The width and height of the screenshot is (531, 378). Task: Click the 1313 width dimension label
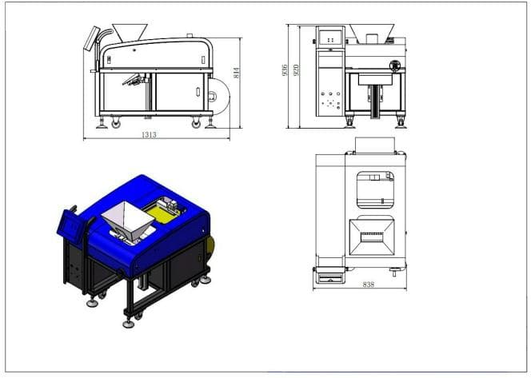(149, 135)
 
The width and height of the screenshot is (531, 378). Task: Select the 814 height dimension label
(237, 73)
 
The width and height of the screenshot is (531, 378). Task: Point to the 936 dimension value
(285, 70)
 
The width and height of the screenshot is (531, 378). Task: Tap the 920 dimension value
(296, 70)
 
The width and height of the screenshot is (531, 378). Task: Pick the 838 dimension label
(369, 284)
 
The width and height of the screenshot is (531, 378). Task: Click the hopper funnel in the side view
(130, 33)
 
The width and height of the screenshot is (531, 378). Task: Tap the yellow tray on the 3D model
(162, 214)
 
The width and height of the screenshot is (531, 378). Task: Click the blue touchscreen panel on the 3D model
(70, 225)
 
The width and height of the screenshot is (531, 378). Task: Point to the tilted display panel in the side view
(91, 38)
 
